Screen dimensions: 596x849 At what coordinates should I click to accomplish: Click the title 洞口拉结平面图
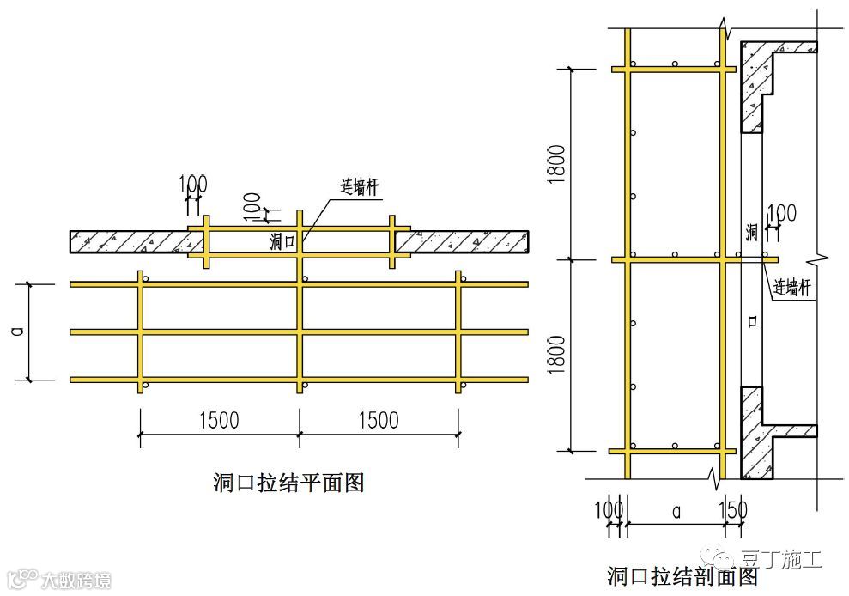288,483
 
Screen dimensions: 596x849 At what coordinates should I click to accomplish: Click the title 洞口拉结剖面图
682,576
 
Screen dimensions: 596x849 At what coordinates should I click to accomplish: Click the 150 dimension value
735,510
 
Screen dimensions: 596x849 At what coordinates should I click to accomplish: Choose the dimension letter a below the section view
676,511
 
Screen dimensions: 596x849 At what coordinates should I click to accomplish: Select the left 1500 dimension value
219,420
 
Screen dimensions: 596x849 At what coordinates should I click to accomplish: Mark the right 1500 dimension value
378,420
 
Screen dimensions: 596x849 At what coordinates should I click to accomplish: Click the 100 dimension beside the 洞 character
780,212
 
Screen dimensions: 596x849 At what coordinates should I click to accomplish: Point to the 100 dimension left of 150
608,510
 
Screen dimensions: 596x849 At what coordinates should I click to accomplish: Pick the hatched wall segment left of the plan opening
129,242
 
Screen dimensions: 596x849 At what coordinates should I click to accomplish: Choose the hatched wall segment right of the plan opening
469,242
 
